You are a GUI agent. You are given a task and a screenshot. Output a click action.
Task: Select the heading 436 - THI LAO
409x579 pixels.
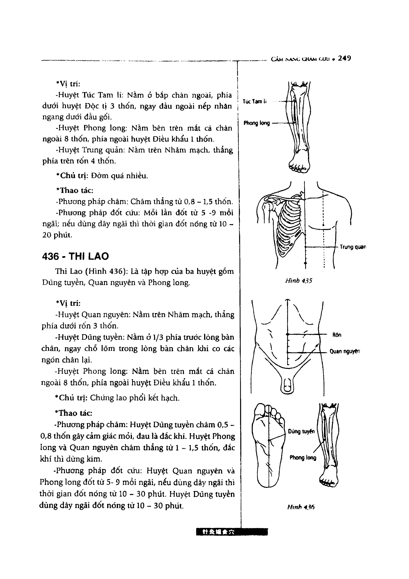point(75,257)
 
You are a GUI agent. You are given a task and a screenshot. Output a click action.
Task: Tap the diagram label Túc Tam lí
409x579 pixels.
point(254,101)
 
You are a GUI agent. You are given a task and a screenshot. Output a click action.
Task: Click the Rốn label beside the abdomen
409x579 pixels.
point(337,335)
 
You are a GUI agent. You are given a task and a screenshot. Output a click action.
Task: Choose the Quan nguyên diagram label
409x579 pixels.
point(345,351)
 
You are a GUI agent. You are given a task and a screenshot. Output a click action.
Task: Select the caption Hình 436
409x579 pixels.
point(301,507)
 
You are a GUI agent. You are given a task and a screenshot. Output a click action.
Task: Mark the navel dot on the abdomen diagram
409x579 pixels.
point(287,334)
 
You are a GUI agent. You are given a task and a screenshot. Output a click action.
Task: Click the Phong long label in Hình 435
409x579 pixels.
point(256,123)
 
